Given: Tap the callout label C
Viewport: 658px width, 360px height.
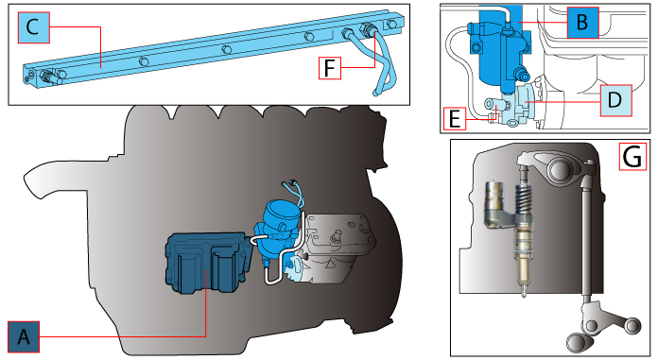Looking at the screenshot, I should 33,28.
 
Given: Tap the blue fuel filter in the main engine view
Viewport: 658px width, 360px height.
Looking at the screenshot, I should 278,226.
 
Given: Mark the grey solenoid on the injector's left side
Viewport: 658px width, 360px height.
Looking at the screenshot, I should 496,203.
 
